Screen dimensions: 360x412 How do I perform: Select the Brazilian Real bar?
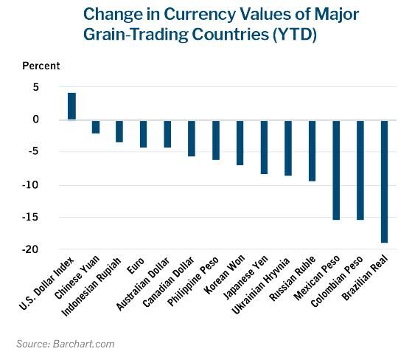click(x=384, y=181)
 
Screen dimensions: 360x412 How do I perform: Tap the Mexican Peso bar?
click(x=336, y=170)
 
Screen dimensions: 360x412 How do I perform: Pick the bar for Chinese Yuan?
click(x=96, y=126)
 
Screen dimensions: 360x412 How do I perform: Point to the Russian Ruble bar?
click(x=312, y=150)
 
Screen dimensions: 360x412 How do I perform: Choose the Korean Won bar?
click(x=240, y=142)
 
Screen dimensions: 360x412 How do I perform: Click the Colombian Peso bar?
click(x=360, y=170)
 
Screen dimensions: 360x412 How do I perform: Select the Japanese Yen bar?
click(x=264, y=146)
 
